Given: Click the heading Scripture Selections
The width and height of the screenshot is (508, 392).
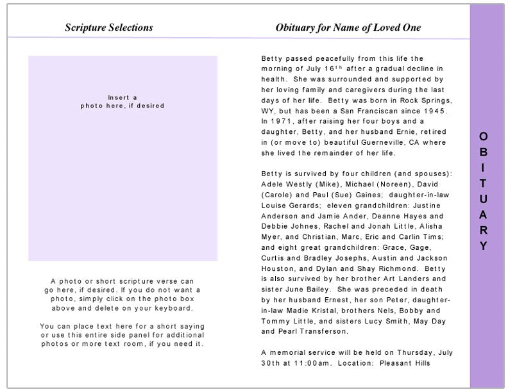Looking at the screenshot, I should (109, 28).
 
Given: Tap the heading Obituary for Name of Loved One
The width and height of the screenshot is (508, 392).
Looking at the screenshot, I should (348, 28).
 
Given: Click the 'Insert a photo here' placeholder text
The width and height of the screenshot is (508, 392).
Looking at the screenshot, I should (123, 102).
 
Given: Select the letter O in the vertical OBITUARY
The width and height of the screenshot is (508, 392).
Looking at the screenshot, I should (483, 136).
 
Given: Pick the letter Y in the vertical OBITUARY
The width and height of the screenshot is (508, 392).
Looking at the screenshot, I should (483, 246).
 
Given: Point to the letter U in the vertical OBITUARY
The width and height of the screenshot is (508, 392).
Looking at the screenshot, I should (483, 199).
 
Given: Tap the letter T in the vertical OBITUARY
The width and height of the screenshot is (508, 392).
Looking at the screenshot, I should (483, 183).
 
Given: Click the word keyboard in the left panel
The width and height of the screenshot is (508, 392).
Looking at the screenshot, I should (174, 308).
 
